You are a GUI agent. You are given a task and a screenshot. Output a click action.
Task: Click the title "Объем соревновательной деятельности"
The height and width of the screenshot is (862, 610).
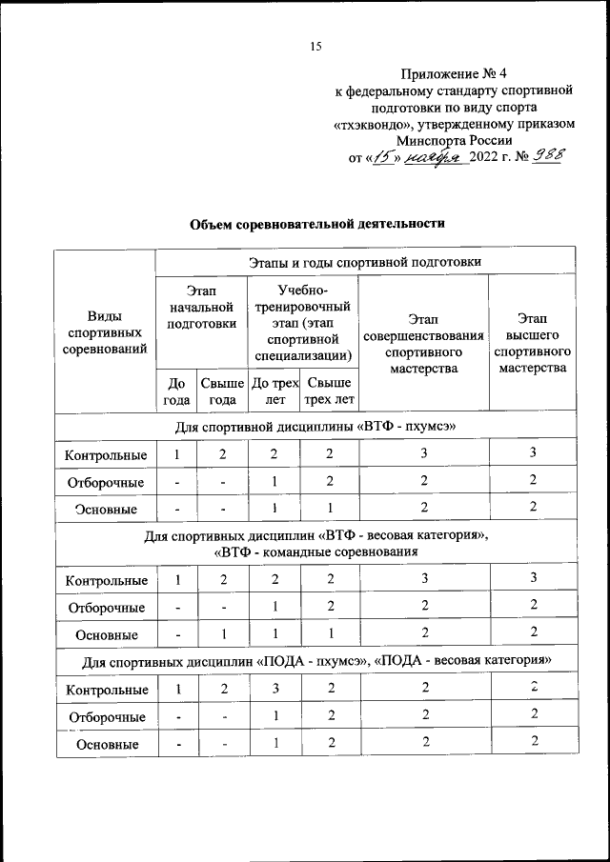(x=317, y=223)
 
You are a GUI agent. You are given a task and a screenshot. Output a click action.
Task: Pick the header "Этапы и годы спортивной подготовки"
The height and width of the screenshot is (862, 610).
(x=365, y=260)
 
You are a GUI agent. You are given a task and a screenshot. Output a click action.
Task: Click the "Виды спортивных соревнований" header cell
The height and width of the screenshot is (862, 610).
(x=105, y=332)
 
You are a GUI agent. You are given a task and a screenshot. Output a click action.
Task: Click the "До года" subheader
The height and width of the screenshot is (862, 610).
(x=176, y=391)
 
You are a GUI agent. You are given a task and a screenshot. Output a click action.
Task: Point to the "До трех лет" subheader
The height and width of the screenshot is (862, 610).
(x=274, y=391)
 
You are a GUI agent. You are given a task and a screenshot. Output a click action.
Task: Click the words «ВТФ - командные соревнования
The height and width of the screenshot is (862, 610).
(x=317, y=551)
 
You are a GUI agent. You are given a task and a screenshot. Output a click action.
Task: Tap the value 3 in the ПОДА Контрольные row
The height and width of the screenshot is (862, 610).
(x=274, y=689)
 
